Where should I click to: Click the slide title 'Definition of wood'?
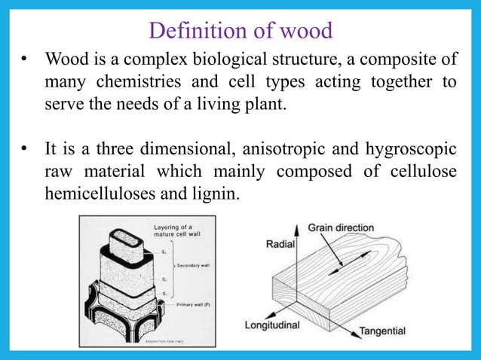coord(240,30)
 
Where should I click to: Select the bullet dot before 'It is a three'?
coord(25,150)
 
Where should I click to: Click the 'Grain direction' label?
coord(345,227)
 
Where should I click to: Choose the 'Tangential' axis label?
coord(381,331)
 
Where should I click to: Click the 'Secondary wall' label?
coord(194,265)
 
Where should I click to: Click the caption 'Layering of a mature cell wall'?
coord(173,230)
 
